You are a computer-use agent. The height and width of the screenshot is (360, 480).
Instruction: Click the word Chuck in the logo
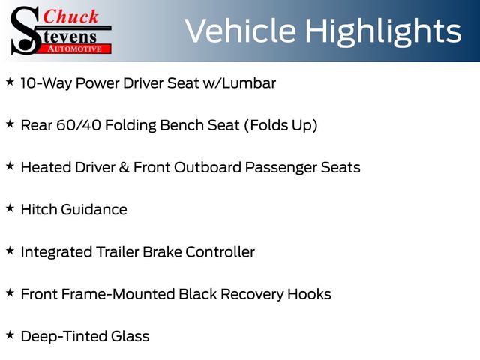tap(70, 16)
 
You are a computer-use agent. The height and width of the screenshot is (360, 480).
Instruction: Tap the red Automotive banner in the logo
tap(74, 49)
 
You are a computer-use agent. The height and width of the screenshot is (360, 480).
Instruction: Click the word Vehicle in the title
tap(240, 31)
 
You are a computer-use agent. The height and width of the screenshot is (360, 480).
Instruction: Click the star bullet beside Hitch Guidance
tap(10, 208)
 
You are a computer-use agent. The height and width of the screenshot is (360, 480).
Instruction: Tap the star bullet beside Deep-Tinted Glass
tap(10, 335)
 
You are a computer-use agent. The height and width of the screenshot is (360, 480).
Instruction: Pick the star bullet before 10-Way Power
tap(10, 82)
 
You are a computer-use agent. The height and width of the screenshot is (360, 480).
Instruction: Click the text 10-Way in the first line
tap(46, 83)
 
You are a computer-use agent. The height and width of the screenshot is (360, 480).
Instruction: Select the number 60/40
tap(79, 125)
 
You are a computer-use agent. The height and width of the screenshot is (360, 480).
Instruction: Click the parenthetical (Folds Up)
tap(280, 126)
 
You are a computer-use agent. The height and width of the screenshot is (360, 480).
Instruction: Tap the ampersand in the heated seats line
tap(124, 168)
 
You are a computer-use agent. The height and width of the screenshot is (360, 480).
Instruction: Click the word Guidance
tap(94, 210)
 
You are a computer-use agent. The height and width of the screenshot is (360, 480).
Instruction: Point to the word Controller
tap(220, 252)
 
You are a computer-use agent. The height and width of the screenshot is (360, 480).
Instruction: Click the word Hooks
tap(309, 294)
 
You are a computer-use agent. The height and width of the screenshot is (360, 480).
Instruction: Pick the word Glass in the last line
tap(130, 336)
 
